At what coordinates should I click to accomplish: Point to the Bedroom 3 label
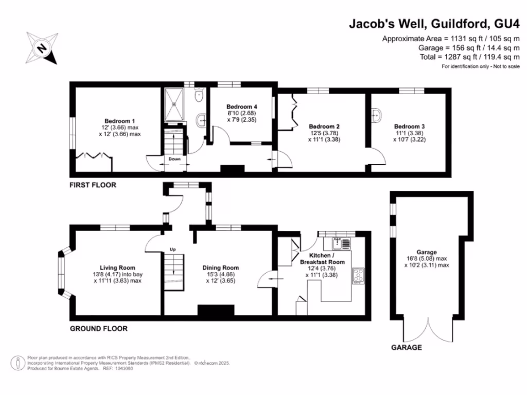[x=410, y=127]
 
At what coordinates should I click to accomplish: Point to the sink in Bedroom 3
[x=376, y=115]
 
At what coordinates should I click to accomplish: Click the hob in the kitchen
[x=357, y=276]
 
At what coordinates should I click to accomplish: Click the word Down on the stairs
[x=174, y=159]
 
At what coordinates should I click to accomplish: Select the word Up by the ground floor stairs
[x=173, y=249]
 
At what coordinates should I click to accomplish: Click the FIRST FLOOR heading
[x=93, y=185]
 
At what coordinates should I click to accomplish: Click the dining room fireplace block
[x=215, y=310]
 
